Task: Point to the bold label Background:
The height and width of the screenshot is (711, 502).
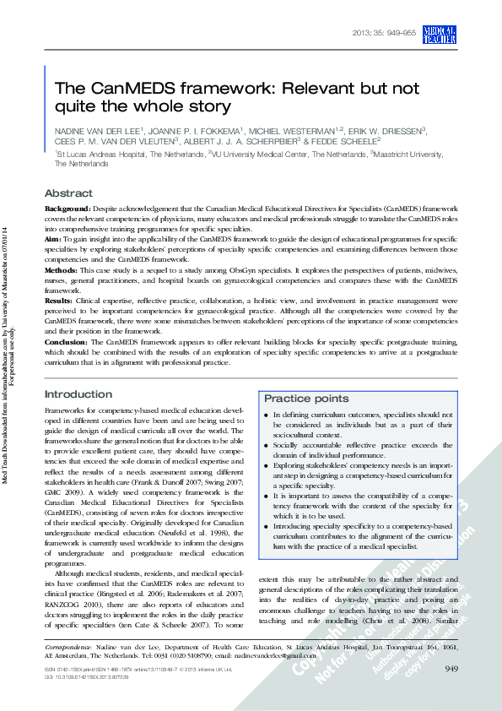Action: click(x=67, y=207)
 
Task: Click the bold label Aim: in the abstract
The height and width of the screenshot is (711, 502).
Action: click(x=53, y=241)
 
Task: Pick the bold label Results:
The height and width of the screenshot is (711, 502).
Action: click(x=58, y=301)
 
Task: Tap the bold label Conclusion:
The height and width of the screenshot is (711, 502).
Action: click(x=65, y=341)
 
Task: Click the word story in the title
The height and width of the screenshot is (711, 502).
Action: click(x=208, y=106)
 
